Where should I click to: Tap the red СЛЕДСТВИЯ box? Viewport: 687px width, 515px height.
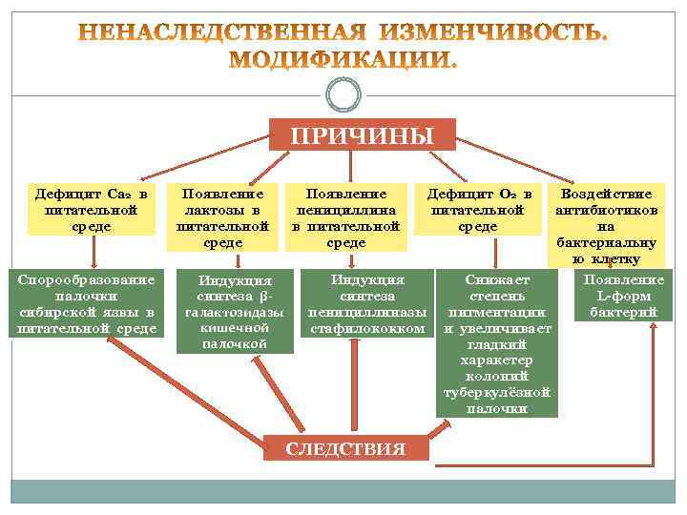(x=346, y=448)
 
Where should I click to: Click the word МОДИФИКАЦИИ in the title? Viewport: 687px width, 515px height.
(x=344, y=60)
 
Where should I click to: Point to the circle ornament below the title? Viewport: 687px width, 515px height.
(x=343, y=94)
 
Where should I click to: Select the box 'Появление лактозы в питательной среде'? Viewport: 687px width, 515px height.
(x=223, y=217)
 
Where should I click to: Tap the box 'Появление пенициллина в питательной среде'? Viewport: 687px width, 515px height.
(x=345, y=217)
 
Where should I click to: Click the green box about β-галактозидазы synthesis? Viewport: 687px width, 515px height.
(x=235, y=311)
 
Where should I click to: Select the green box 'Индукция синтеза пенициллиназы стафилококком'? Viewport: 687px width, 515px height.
(x=367, y=304)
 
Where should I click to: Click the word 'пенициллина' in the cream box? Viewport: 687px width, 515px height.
(x=345, y=210)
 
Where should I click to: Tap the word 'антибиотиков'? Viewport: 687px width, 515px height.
(x=606, y=210)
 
